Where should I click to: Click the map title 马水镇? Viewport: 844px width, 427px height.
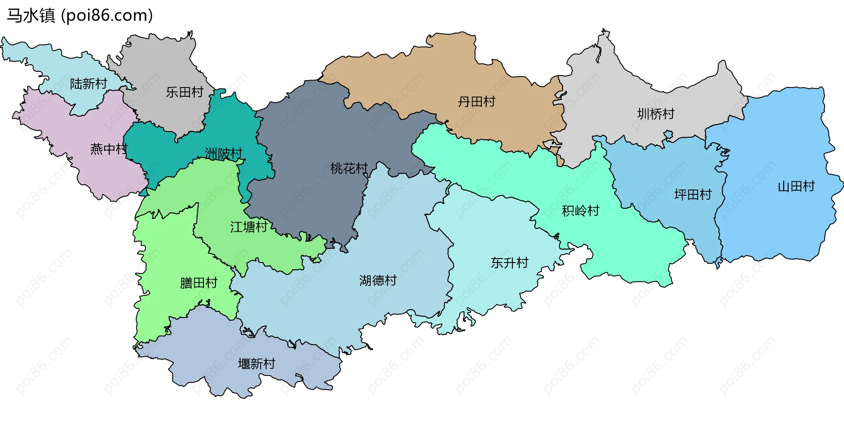31,15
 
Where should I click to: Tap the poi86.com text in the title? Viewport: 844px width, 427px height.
107,15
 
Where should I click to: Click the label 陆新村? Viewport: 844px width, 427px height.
88,84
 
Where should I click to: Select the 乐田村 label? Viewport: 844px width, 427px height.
185,92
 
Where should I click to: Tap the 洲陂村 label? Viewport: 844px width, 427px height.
224,153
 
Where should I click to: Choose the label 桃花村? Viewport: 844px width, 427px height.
349,168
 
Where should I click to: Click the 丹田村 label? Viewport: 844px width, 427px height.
477,102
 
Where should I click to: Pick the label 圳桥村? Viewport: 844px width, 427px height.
656,114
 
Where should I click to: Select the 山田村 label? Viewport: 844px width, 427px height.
796,186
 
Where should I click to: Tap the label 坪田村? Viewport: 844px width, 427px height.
693,194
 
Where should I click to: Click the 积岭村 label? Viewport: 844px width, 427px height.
581,211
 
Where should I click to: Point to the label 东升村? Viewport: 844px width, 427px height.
509,263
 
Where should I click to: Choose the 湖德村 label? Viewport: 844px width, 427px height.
378,280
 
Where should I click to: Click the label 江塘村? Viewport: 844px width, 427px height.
249,227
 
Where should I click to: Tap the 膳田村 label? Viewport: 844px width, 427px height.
199,283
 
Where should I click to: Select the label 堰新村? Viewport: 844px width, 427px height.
256,364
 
